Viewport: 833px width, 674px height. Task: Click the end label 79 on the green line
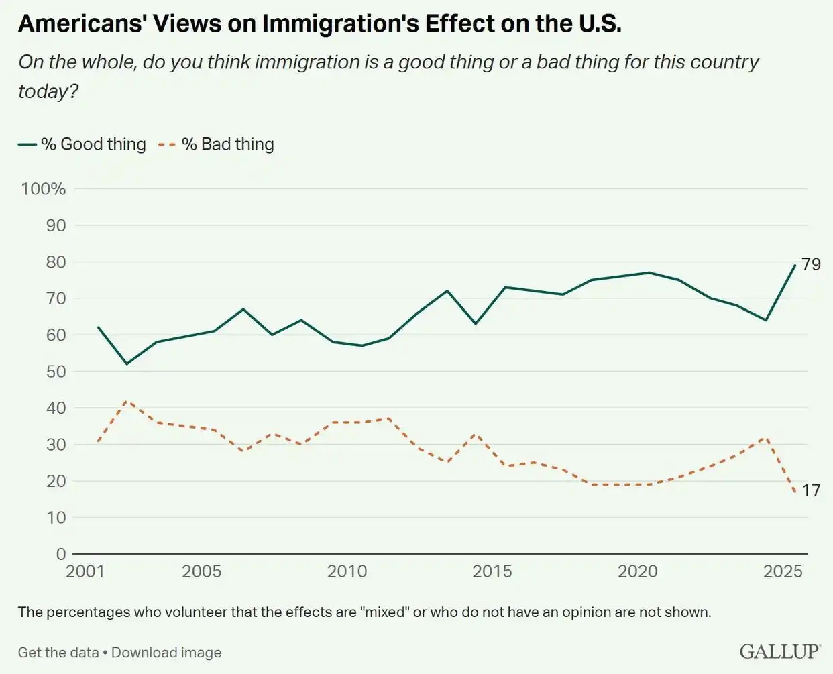pos(811,264)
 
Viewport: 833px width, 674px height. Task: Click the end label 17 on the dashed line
pos(811,491)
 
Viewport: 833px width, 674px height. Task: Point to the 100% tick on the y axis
pos(44,189)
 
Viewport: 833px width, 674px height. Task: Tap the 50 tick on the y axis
pos(56,372)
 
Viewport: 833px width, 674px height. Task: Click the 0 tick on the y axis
pos(61,554)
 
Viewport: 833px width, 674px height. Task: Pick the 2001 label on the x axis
pos(85,571)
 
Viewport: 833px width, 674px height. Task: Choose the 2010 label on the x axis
pos(347,571)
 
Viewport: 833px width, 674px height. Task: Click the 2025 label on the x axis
pos(783,571)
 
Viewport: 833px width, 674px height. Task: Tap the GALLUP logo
pos(779,651)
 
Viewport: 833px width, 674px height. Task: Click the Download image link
pos(166,653)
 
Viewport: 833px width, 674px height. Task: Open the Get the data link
pos(58,653)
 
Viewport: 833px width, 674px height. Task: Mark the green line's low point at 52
pos(127,364)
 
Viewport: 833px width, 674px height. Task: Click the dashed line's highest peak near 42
pos(127,401)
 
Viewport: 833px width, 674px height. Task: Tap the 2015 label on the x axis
pos(492,571)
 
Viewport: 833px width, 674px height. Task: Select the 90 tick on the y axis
pos(56,225)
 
